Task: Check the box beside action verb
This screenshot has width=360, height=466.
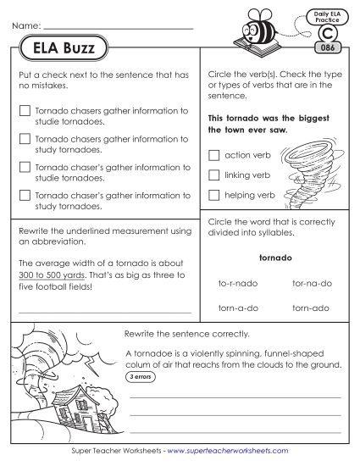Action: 213,154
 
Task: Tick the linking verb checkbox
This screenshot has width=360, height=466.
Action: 213,175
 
